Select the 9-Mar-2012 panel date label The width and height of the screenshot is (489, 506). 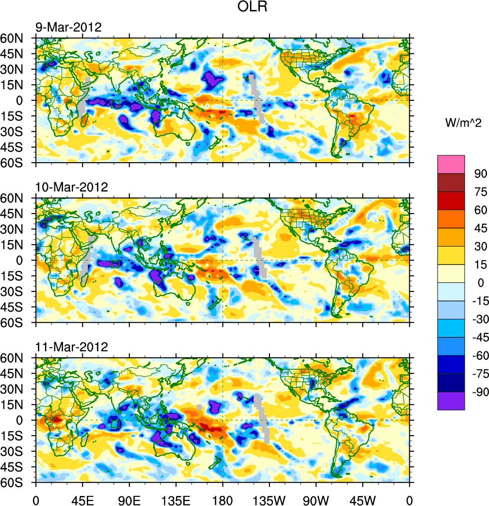coord(68,27)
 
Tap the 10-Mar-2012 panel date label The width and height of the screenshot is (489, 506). coord(71,188)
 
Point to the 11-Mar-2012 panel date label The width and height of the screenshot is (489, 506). coord(71,347)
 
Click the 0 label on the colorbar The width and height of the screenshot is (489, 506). coord(481,283)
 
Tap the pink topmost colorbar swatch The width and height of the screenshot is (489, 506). coord(451,164)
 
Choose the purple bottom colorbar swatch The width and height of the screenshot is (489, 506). coord(451,401)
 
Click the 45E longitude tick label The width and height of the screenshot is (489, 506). coord(82,499)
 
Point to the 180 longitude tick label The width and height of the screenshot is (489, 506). coord(223,499)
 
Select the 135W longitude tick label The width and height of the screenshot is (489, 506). coord(269,499)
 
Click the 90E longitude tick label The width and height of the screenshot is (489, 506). coord(129,499)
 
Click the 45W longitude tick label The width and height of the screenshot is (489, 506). coord(363,499)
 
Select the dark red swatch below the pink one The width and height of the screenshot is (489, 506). coord(451,182)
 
